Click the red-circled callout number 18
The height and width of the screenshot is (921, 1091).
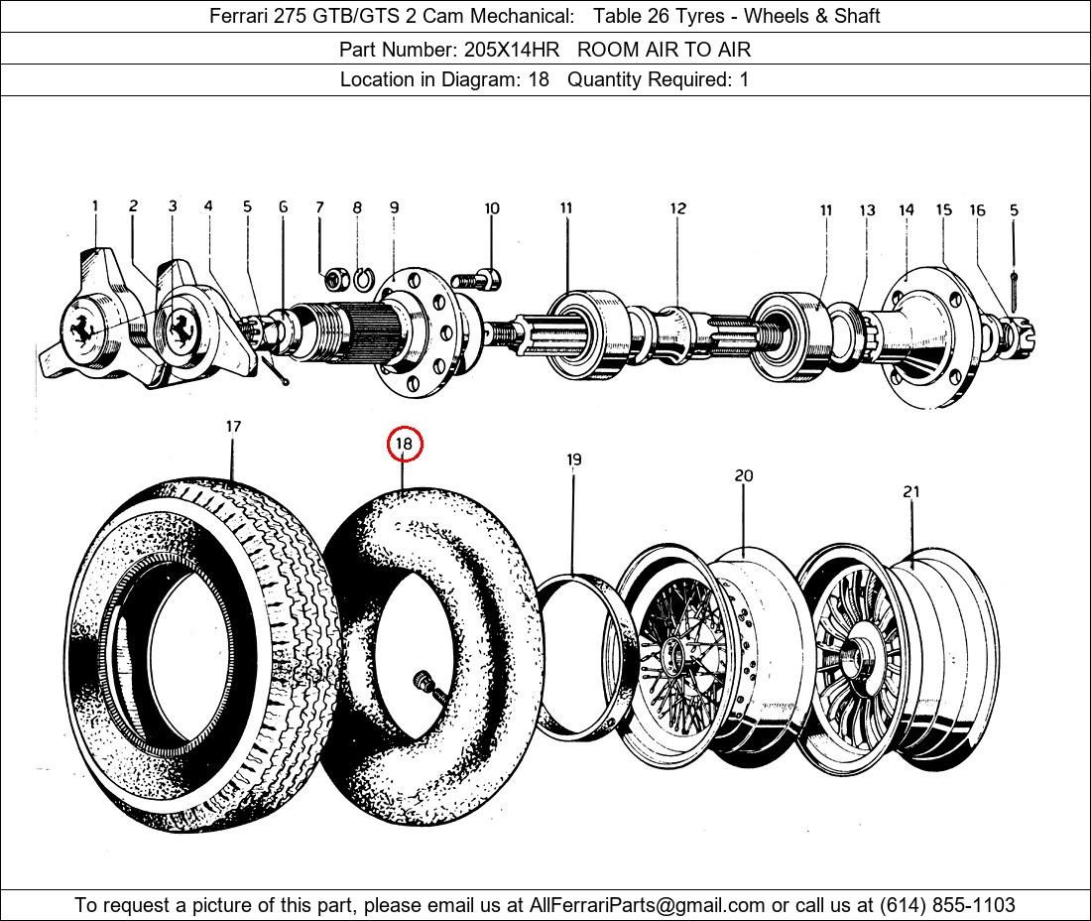(404, 444)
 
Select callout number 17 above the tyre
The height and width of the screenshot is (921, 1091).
(233, 427)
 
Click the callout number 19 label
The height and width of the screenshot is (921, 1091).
(573, 460)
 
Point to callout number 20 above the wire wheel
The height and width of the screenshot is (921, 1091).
(744, 476)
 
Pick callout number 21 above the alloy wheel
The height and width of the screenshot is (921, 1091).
(911, 491)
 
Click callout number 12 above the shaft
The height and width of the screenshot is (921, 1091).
(677, 208)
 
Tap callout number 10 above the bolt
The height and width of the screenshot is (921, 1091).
(492, 208)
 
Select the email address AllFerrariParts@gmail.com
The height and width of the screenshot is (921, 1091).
(648, 905)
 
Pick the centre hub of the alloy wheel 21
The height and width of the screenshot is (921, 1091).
(851, 655)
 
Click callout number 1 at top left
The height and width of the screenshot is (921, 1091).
(95, 206)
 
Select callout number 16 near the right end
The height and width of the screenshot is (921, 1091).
(977, 210)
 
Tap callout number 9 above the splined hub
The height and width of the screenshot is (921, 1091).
(394, 207)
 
